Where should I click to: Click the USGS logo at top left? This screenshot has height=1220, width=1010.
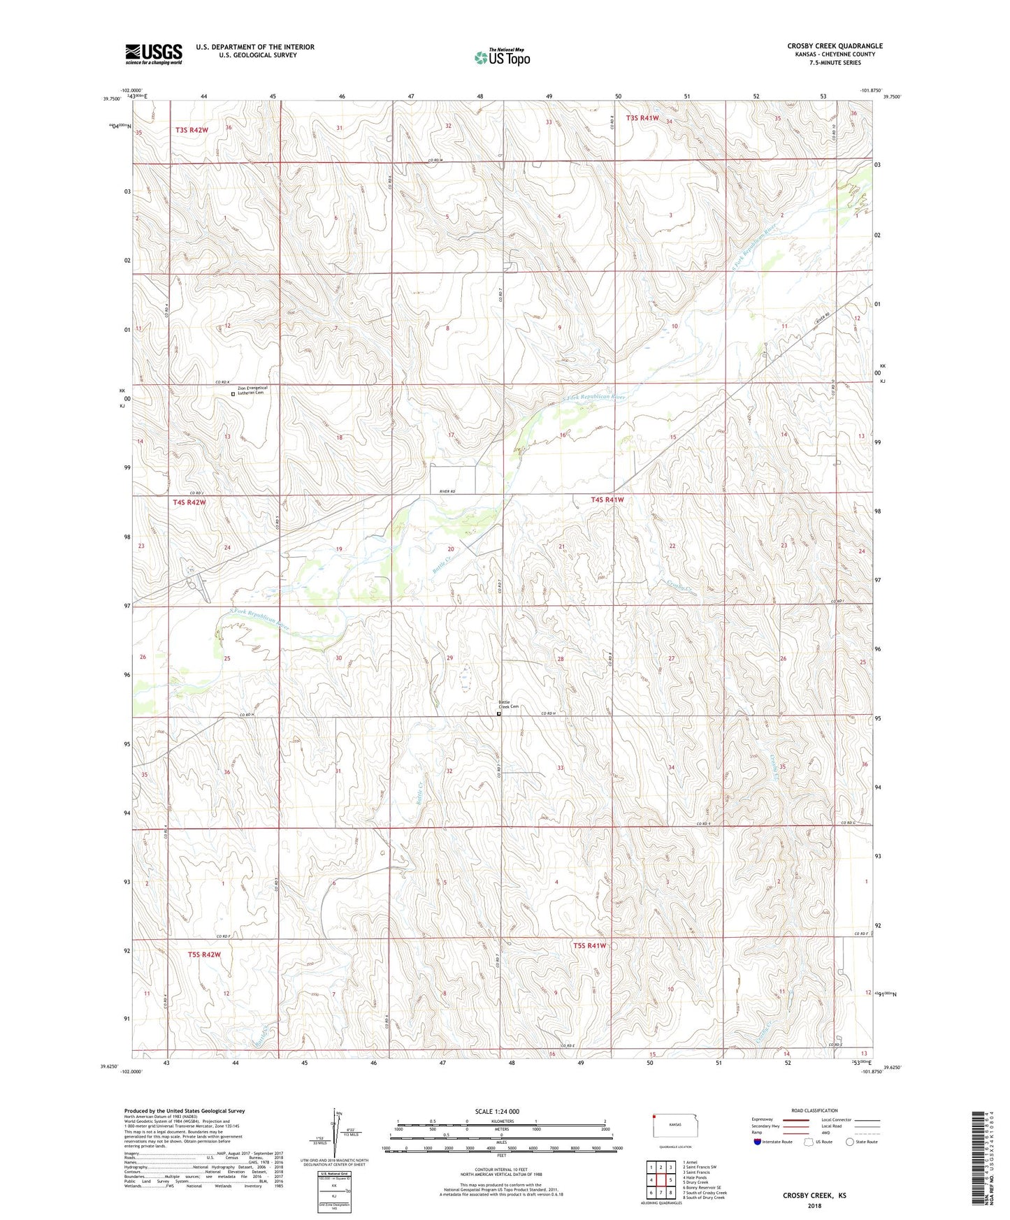point(154,54)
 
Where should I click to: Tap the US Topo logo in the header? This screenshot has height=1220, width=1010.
point(502,57)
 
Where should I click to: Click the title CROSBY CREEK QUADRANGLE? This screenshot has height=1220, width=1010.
point(835,46)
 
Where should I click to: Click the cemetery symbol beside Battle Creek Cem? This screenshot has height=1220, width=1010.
point(498,714)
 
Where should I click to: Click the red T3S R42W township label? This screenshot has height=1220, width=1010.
point(192,130)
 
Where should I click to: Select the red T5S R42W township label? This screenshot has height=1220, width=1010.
point(204,954)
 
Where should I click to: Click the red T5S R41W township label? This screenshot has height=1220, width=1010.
point(589,945)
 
